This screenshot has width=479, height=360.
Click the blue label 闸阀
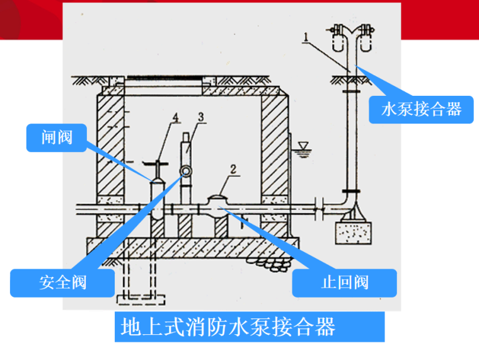57,137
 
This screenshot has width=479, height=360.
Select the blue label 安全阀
62,282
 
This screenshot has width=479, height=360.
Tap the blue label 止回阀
344,282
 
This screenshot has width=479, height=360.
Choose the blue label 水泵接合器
421,110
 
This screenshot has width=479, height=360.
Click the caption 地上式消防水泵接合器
228,327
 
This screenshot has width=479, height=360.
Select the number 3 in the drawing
200,117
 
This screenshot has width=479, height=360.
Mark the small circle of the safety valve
187,171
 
